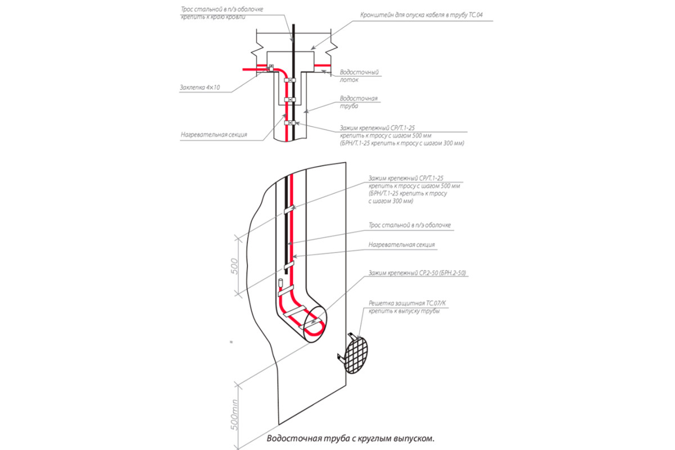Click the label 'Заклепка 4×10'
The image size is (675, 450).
200,87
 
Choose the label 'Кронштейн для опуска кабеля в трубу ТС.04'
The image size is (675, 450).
422,16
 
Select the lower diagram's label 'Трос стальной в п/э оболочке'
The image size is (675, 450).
409,225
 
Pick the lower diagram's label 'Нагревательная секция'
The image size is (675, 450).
402,245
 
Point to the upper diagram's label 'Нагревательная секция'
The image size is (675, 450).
214,135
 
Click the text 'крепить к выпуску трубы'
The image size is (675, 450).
404,311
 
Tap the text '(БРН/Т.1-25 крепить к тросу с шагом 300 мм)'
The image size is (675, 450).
402,143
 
